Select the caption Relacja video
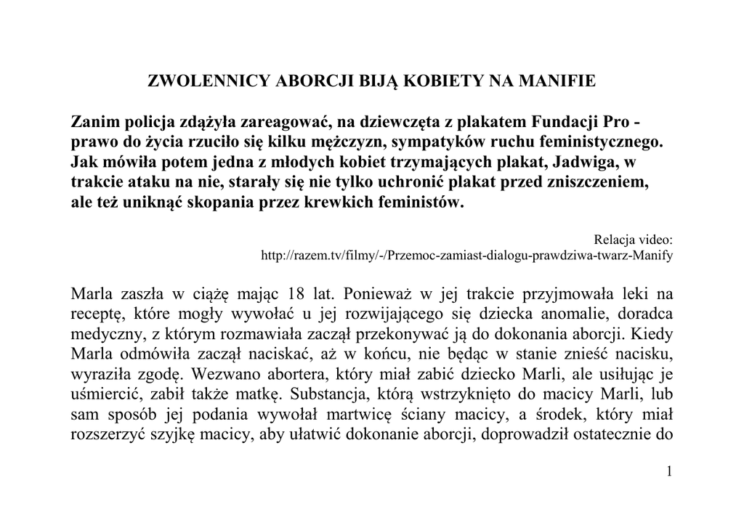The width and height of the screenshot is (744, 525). tap(634, 239)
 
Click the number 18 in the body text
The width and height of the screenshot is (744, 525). tap(296, 296)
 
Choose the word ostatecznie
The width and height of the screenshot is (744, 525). tap(613, 437)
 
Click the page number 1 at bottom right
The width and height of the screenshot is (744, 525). tap(668, 473)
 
